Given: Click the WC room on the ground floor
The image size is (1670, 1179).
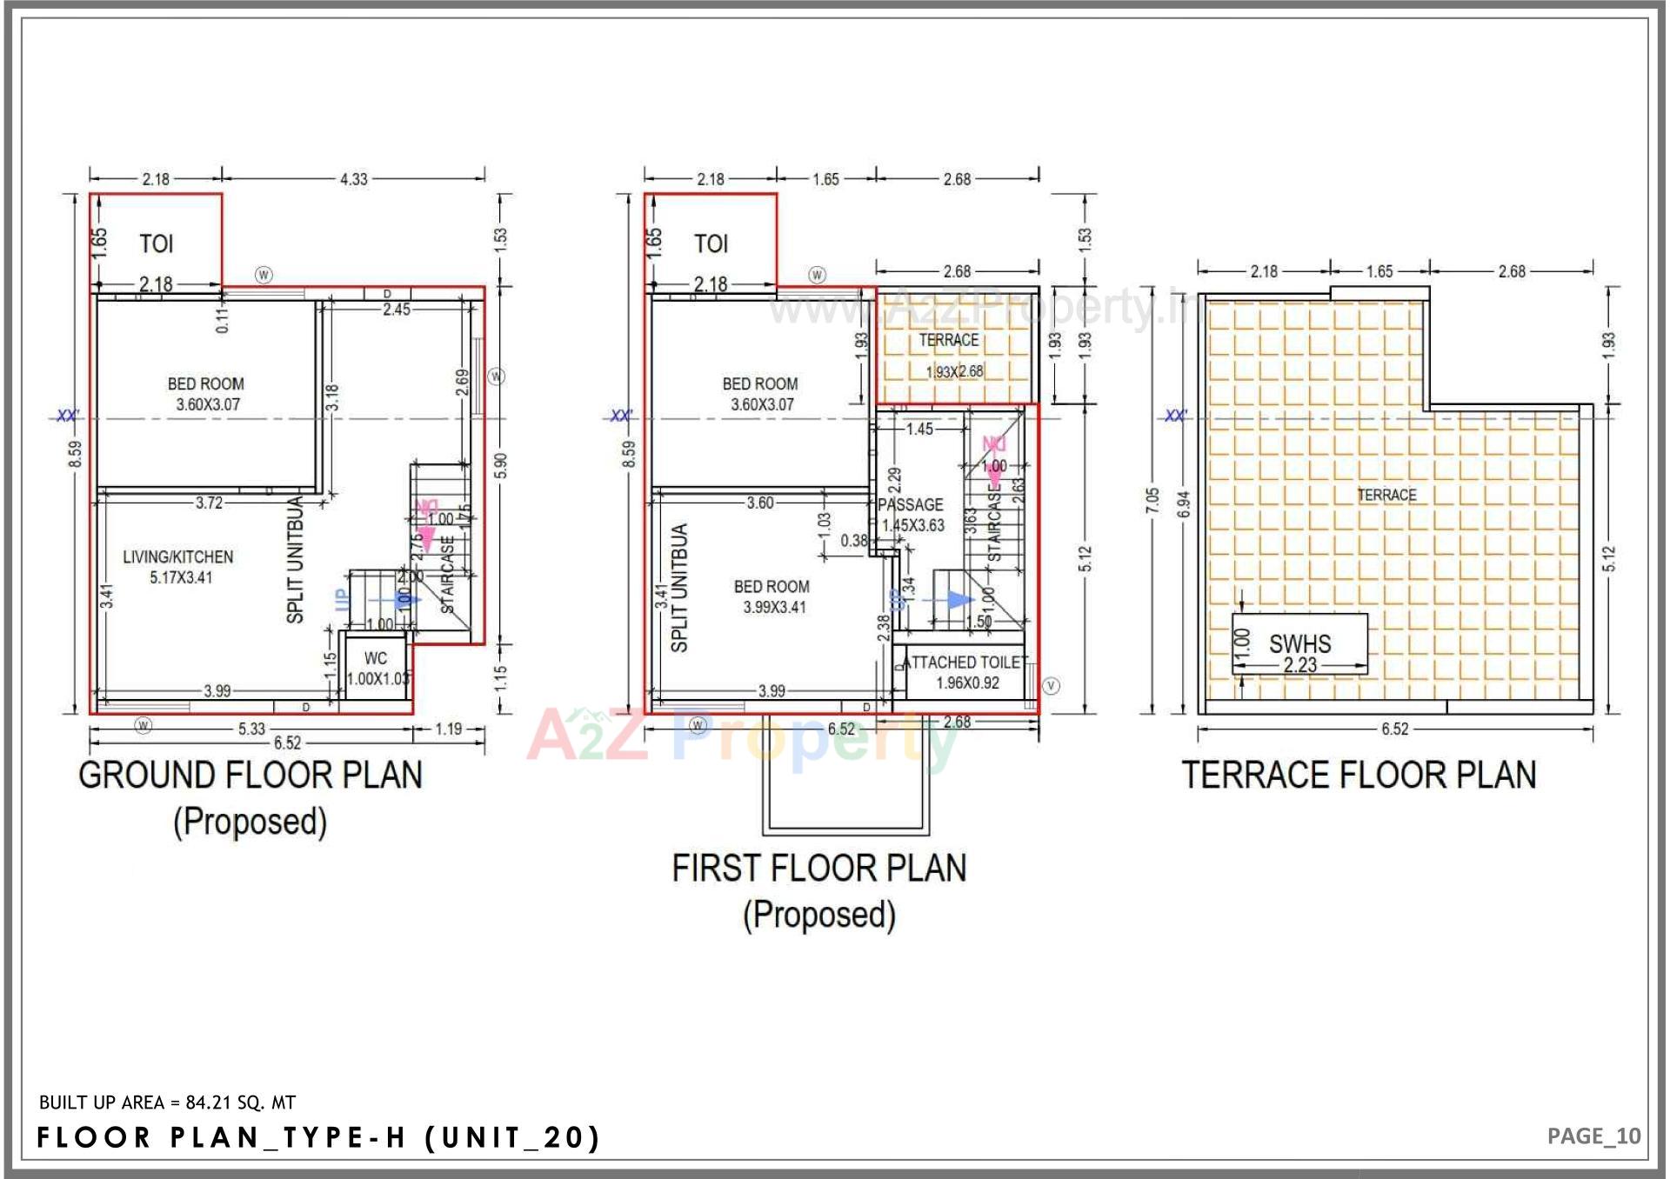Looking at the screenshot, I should click(x=376, y=668).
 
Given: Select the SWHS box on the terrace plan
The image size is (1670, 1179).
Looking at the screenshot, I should click(x=1299, y=644).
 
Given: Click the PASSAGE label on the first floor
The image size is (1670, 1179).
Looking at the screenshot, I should click(x=911, y=505).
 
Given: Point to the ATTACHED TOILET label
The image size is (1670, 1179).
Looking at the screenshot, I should click(x=966, y=663).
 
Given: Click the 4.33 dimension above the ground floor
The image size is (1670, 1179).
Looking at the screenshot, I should click(x=353, y=179).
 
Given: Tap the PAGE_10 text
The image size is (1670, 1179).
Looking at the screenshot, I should click(x=1593, y=1136).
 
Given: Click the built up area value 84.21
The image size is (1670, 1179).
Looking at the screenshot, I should click(x=209, y=1102).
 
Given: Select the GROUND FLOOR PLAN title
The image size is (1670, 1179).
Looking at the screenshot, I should click(x=250, y=776).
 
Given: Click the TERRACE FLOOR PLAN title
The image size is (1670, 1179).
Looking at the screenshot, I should click(x=1359, y=776).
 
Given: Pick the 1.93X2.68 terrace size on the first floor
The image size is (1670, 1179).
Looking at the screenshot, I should click(x=954, y=372).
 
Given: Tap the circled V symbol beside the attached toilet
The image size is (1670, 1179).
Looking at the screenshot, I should click(x=1052, y=686).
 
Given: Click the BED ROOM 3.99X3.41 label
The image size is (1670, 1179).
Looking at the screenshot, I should click(x=772, y=597).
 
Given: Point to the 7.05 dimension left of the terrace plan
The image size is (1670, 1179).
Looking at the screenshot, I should click(x=1152, y=501).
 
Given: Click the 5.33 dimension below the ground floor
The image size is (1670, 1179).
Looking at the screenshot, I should click(x=251, y=729).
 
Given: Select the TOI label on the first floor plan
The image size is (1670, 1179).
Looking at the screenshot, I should click(x=711, y=244).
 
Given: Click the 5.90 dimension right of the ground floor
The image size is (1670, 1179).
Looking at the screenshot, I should click(x=500, y=465).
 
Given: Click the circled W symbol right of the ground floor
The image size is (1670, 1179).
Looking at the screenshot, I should click(x=496, y=376).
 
